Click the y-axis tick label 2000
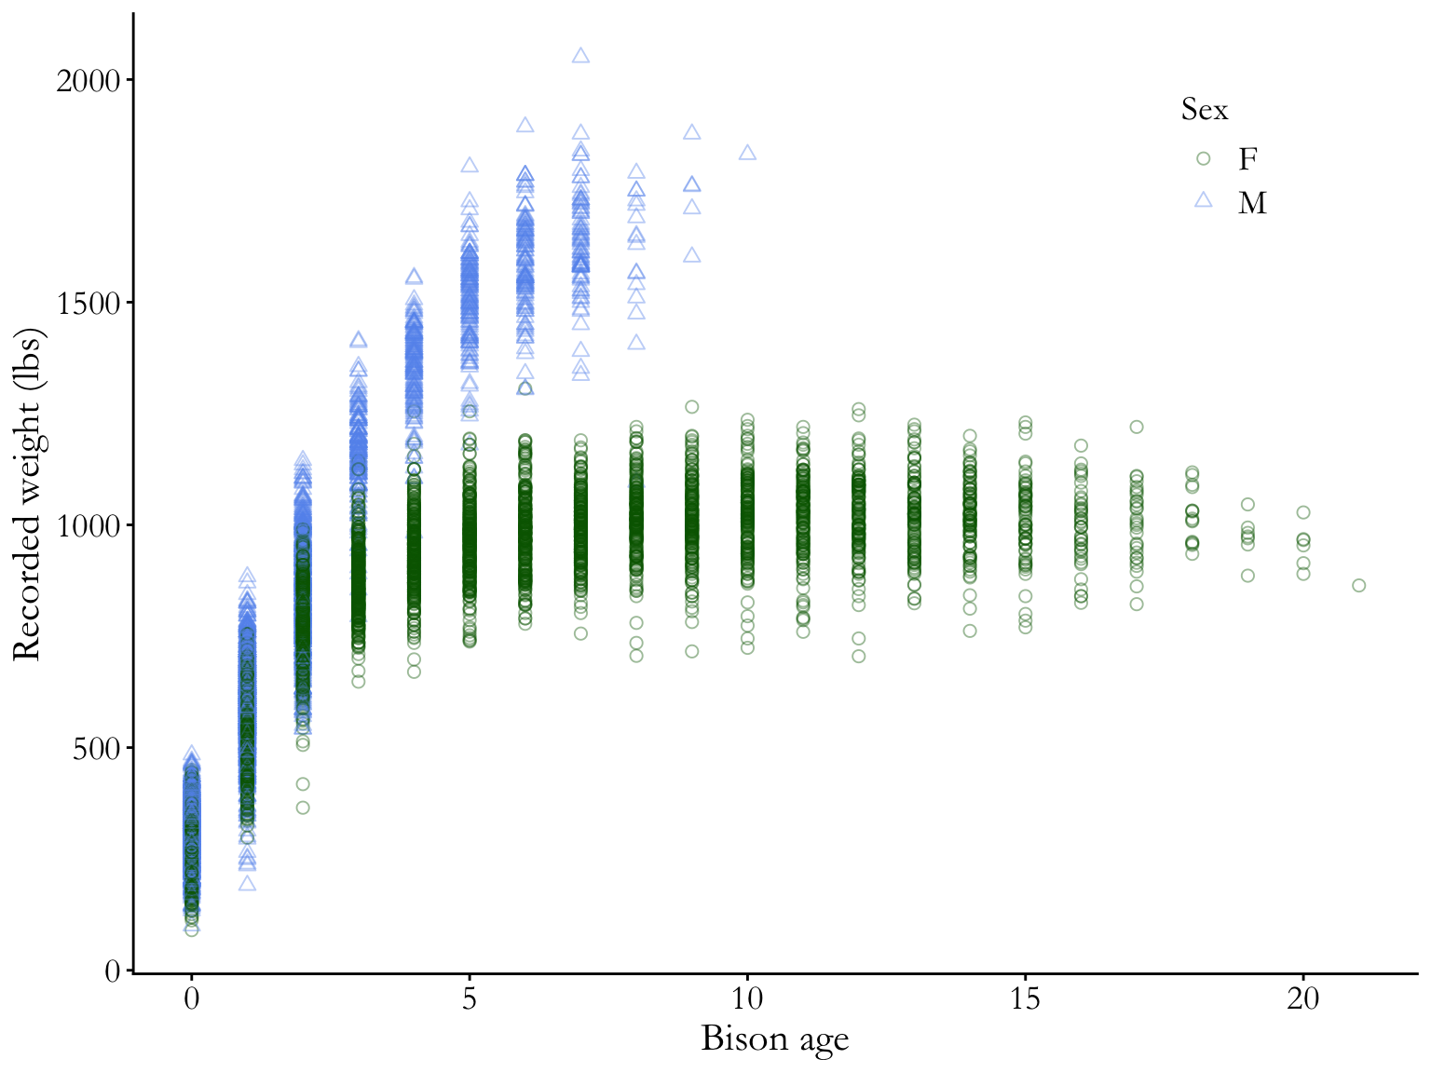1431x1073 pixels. [x=88, y=81]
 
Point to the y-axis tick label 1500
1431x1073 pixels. [x=88, y=304]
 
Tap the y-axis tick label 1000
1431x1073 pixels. [x=88, y=526]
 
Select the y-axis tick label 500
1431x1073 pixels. [x=97, y=749]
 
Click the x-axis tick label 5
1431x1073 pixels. [x=470, y=999]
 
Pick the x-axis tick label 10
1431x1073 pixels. [x=747, y=999]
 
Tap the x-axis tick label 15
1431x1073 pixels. [x=1025, y=999]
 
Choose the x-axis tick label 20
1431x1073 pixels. [x=1303, y=999]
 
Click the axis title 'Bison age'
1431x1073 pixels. [x=774, y=1039]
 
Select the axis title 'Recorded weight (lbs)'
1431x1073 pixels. [x=28, y=494]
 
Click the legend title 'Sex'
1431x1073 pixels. [x=1204, y=110]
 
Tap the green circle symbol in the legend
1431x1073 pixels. [x=1203, y=158]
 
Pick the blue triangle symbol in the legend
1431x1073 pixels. [x=1203, y=199]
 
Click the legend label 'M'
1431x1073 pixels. [x=1252, y=203]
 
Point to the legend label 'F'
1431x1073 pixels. [x=1247, y=159]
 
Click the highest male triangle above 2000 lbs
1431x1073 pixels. [x=580, y=56]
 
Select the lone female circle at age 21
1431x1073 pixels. [x=1358, y=585]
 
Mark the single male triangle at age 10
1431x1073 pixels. [x=747, y=153]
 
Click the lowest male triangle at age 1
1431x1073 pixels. [x=247, y=883]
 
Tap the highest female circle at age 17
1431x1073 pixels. [x=1137, y=427]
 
